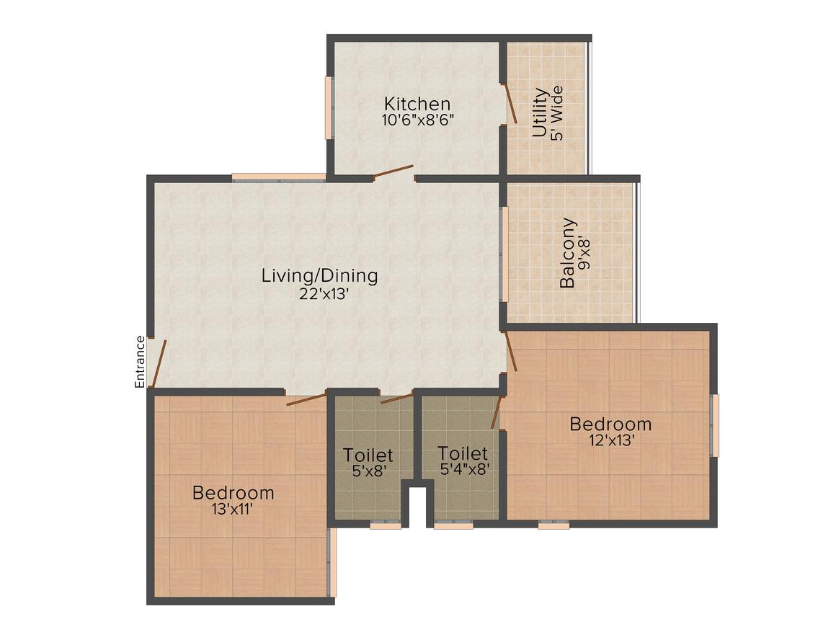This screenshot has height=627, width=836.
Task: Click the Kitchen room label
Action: click(417, 104)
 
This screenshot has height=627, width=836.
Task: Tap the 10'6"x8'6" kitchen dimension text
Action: click(417, 120)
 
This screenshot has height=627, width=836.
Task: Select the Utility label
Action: click(540, 112)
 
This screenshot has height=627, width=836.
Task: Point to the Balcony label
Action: click(569, 253)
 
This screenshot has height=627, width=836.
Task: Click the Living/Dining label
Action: click(319, 275)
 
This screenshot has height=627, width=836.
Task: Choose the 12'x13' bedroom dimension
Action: click(610, 440)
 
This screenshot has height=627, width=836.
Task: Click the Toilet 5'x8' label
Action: click(368, 455)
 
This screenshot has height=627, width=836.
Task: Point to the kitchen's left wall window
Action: click(329, 107)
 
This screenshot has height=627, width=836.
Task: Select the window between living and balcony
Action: click(504, 254)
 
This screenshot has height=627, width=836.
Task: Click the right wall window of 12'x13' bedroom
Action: click(715, 425)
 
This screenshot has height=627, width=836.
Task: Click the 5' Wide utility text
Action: click(556, 113)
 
